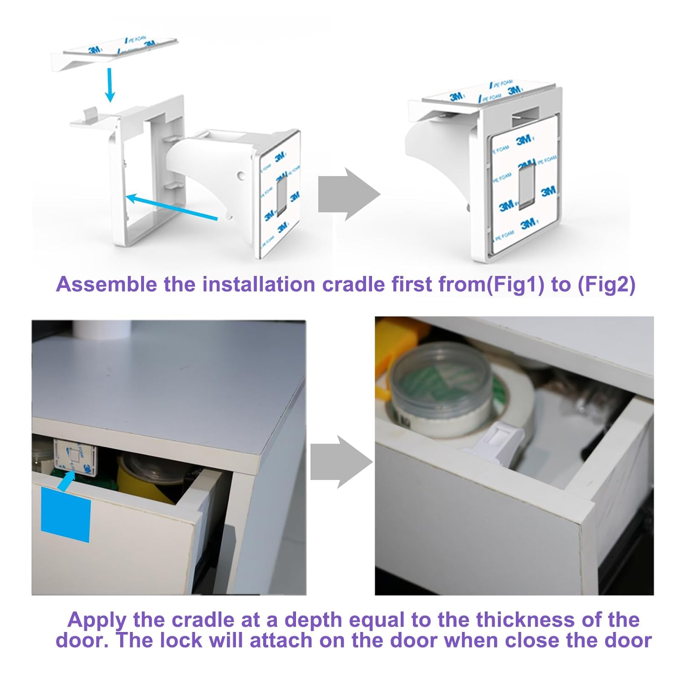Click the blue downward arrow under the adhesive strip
109,85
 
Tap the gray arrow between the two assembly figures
348,194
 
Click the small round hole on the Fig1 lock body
240,175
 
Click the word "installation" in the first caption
259,285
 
